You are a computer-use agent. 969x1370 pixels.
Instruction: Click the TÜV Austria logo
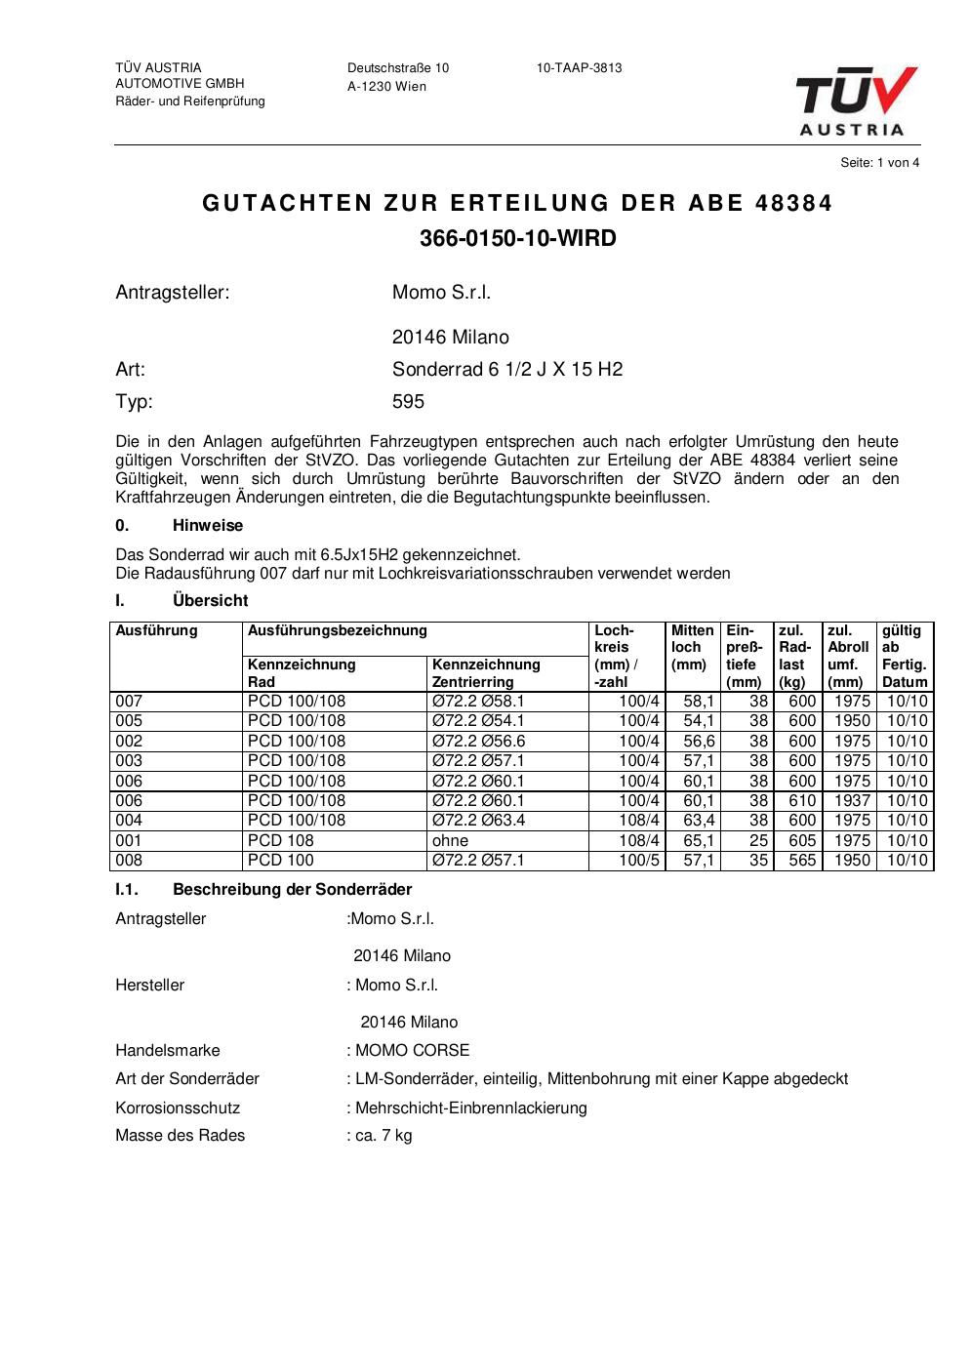856,100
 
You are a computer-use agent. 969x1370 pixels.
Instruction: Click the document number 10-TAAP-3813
579,68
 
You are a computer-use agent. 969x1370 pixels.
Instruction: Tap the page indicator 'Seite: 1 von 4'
879,163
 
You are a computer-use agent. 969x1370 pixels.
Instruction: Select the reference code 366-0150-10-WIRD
518,238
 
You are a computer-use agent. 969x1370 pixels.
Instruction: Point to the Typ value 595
408,402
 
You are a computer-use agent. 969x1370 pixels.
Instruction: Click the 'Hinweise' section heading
208,526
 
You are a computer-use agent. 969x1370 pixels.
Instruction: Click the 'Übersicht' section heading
210,601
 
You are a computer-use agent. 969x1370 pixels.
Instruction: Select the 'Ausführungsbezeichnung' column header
337,631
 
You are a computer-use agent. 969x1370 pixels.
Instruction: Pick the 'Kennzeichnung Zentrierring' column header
486,673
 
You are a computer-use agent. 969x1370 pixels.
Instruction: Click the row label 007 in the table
129,702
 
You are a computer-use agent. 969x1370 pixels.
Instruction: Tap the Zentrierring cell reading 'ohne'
450,841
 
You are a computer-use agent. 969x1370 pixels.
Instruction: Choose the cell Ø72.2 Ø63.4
478,821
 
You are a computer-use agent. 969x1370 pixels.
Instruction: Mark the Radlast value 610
802,801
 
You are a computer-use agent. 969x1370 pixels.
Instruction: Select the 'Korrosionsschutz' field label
178,1108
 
